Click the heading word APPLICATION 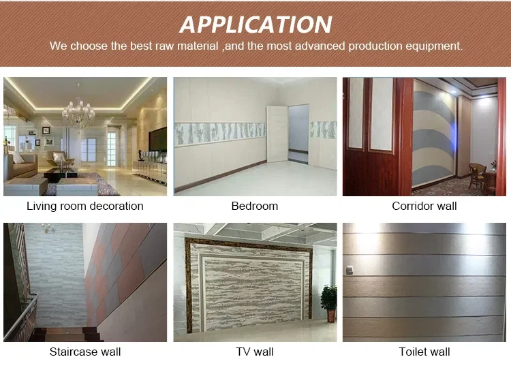click(x=255, y=25)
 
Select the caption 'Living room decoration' click(x=85, y=206)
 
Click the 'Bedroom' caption click(x=255, y=206)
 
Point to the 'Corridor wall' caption click(x=424, y=206)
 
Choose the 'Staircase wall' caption click(x=85, y=352)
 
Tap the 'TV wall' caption click(x=255, y=352)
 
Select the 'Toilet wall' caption click(x=424, y=352)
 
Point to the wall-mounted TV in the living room click(x=158, y=140)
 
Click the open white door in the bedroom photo click(x=277, y=134)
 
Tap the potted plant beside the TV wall click(x=329, y=300)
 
